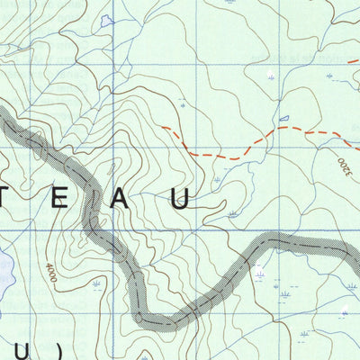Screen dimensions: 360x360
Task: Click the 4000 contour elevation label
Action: [52, 273]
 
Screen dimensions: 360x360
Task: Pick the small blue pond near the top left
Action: [107, 20]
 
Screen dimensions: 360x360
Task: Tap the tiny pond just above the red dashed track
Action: [284, 118]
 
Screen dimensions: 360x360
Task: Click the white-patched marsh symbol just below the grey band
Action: [261, 274]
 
